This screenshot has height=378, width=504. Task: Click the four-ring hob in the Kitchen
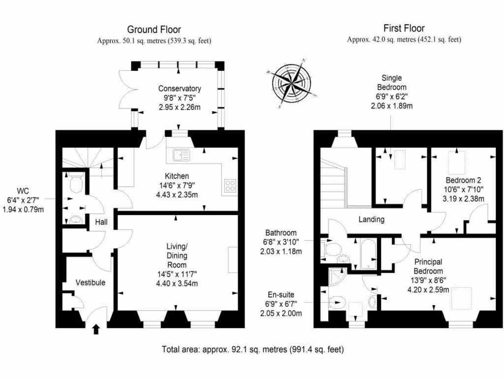230,186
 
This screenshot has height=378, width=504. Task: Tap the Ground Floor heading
154,30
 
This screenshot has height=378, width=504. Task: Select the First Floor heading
404,29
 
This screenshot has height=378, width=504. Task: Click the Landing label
371,220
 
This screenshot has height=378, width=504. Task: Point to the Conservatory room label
179,89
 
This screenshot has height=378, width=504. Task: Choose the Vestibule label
90,282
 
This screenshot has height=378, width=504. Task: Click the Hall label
101,222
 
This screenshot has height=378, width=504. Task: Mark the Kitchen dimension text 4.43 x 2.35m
177,194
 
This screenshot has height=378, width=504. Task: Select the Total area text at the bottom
252,349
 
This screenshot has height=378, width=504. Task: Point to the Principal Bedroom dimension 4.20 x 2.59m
428,289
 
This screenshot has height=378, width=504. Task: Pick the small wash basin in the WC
74,220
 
